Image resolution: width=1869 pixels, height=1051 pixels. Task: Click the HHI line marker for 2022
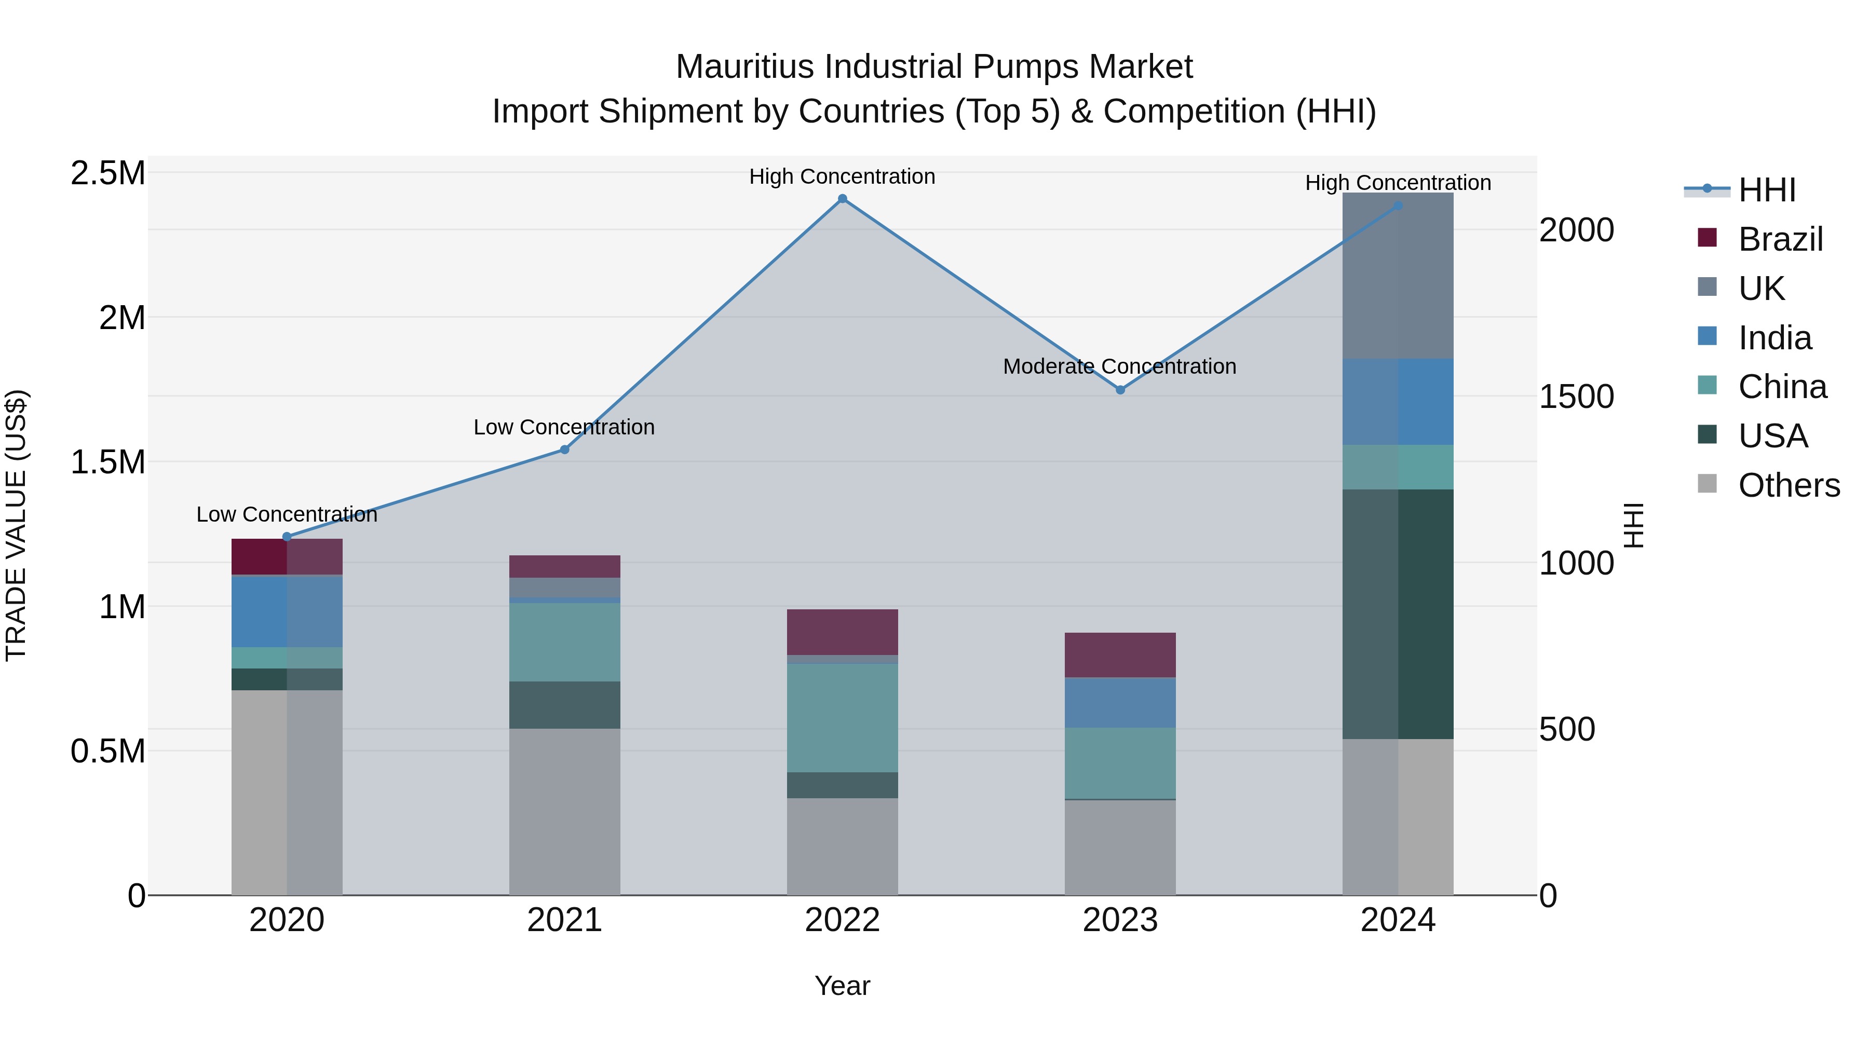click(843, 199)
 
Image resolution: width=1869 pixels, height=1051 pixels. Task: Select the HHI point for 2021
click(564, 449)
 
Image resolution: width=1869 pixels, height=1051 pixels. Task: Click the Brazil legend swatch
click(1707, 238)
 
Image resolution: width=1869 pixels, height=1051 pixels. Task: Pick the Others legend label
click(1789, 485)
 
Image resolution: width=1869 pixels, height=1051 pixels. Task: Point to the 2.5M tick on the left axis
click(108, 174)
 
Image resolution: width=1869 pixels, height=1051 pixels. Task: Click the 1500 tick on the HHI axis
click(1576, 397)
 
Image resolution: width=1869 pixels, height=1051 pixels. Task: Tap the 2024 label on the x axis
click(1398, 920)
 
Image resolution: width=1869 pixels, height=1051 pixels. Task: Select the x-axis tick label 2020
click(287, 920)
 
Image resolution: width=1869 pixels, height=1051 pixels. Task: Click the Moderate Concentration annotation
click(1119, 367)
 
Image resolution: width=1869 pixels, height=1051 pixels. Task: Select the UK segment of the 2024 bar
click(1398, 276)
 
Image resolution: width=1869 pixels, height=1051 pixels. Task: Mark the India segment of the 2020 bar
click(287, 611)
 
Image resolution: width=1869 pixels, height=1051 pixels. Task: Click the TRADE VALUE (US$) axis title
click(16, 525)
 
